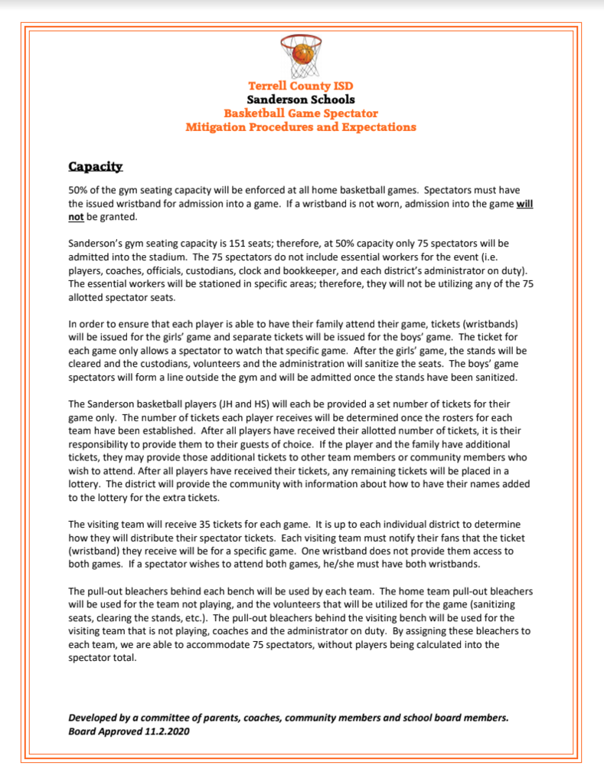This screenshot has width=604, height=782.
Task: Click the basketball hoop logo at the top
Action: pyautogui.click(x=302, y=56)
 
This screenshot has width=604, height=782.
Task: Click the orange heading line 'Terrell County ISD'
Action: pyautogui.click(x=301, y=86)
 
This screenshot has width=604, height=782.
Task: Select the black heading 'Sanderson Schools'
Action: pyautogui.click(x=301, y=100)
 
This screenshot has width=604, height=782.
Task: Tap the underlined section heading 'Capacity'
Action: pyautogui.click(x=96, y=166)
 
